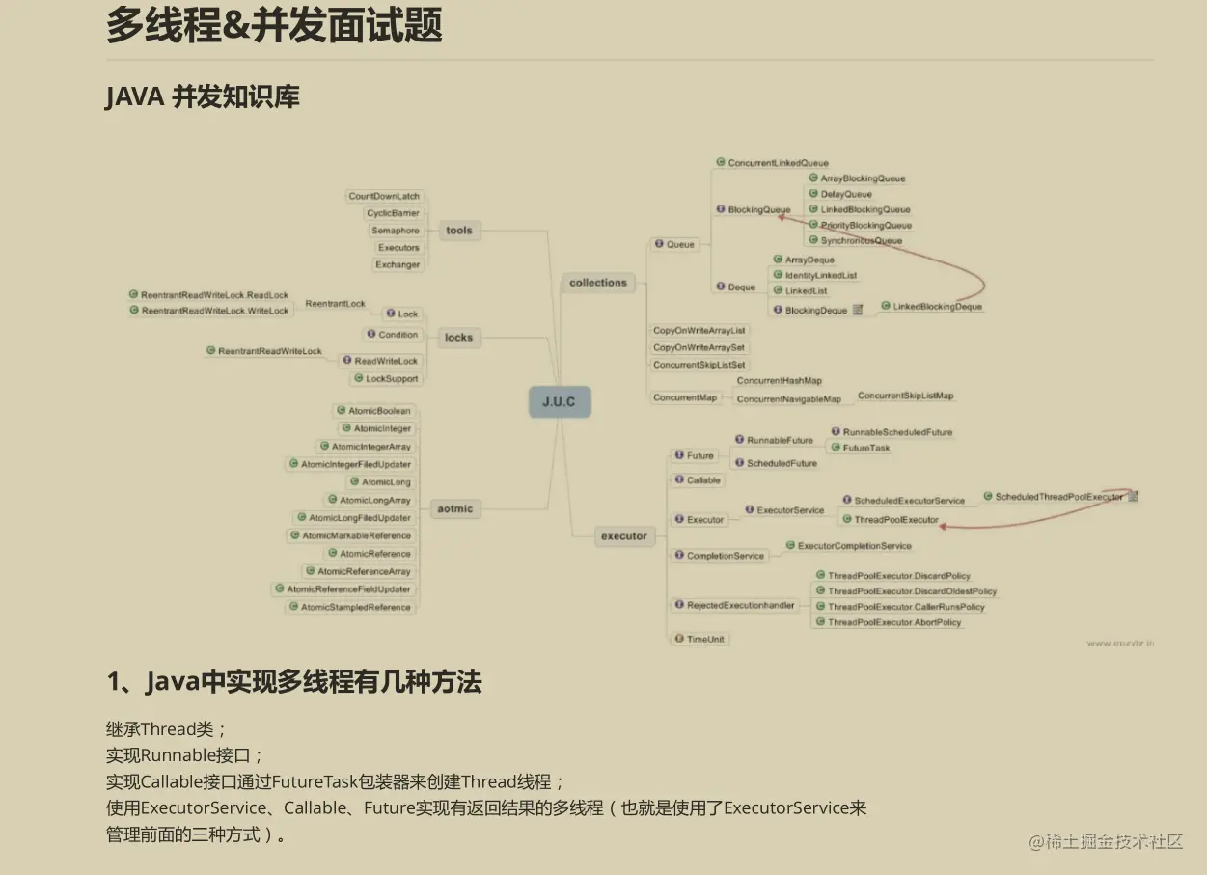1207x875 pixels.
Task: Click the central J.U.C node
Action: [559, 401]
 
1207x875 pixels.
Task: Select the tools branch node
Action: [459, 231]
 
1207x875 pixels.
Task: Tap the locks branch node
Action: [458, 338]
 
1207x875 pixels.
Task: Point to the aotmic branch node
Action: [455, 509]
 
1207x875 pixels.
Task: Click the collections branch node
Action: [597, 283]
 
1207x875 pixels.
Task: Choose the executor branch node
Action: [623, 536]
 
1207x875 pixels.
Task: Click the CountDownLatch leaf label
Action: [384, 196]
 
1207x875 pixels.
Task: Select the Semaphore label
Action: [396, 231]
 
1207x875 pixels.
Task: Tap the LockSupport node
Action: [392, 379]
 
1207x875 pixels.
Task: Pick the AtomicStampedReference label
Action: [355, 607]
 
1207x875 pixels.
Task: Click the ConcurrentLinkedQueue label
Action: [778, 163]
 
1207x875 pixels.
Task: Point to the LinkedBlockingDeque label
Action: [937, 307]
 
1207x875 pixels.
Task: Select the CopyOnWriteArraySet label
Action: [699, 347]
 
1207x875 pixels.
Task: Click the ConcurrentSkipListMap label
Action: [905, 396]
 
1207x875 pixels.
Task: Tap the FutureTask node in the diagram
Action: [866, 448]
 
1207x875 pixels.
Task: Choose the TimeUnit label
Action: [705, 639]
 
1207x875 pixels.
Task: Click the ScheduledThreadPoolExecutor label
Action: [1058, 497]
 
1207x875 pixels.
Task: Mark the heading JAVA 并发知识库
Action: [203, 97]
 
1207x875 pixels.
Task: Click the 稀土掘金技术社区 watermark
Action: [1106, 841]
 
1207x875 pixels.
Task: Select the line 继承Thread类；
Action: [166, 729]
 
